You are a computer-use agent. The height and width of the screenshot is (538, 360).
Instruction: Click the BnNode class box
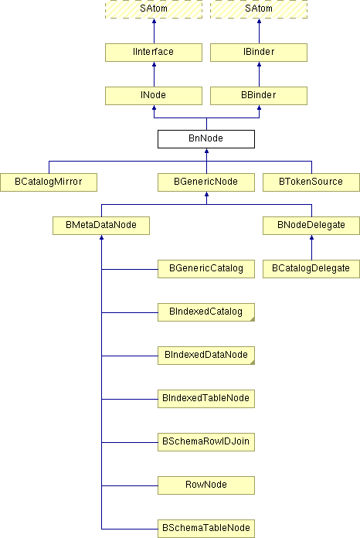206,139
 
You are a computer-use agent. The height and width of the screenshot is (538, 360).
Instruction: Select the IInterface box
154,53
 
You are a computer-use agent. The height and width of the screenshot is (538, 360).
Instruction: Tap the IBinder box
259,53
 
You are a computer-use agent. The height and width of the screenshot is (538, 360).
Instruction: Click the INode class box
154,96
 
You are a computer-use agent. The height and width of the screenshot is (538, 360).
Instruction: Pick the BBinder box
259,96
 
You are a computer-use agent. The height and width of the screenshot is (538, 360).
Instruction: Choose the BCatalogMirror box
49,182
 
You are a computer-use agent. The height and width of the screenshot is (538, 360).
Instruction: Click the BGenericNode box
206,182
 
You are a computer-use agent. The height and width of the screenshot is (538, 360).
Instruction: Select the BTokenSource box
311,182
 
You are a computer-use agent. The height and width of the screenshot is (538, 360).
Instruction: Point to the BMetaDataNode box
101,226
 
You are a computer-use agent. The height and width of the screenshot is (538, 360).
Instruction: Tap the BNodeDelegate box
311,226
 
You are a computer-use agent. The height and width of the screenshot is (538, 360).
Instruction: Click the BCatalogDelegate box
311,269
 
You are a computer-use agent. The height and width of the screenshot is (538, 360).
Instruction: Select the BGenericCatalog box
206,269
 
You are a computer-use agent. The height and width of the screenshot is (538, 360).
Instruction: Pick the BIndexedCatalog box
206,312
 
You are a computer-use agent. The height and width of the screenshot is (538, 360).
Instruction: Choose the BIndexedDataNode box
206,355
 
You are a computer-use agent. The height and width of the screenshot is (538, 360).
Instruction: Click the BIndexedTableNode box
206,398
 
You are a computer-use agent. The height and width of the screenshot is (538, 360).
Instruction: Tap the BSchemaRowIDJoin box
206,441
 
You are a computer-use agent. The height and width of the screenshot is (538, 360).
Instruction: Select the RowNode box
206,485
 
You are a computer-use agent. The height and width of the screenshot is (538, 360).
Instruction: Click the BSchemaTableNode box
206,529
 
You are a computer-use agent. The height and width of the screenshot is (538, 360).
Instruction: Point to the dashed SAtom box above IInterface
154,9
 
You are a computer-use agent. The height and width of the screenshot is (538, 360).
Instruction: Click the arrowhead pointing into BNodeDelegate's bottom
311,237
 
